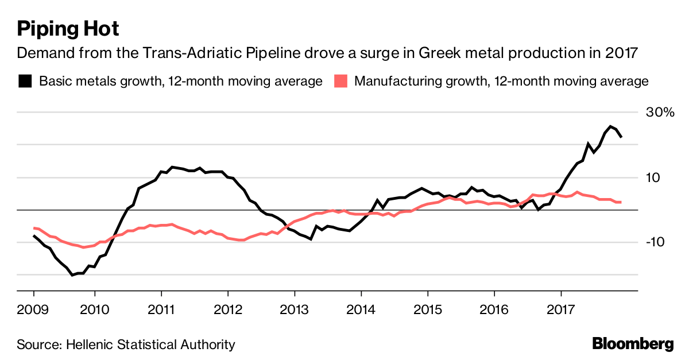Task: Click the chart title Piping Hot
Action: [x=68, y=28]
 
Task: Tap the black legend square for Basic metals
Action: [x=25, y=81]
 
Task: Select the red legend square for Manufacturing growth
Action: [x=340, y=81]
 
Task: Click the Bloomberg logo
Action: [x=633, y=344]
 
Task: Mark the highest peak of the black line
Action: [x=610, y=126]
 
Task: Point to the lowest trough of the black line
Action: [x=72, y=275]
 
